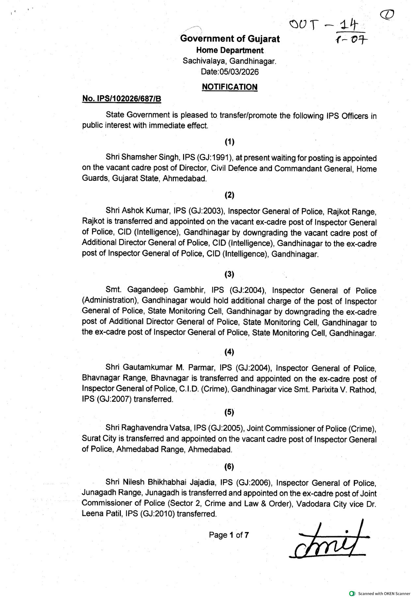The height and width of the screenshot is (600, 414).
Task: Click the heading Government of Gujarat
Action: [230, 39]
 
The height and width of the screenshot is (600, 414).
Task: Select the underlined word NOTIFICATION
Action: [230, 87]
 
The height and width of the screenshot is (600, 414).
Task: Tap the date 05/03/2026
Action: [239, 72]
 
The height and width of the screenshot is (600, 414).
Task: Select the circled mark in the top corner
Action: [387, 15]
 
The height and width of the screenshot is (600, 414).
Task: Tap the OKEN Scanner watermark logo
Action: [352, 593]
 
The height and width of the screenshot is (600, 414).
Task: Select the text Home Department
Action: [230, 50]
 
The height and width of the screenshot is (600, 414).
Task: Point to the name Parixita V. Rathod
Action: [344, 390]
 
